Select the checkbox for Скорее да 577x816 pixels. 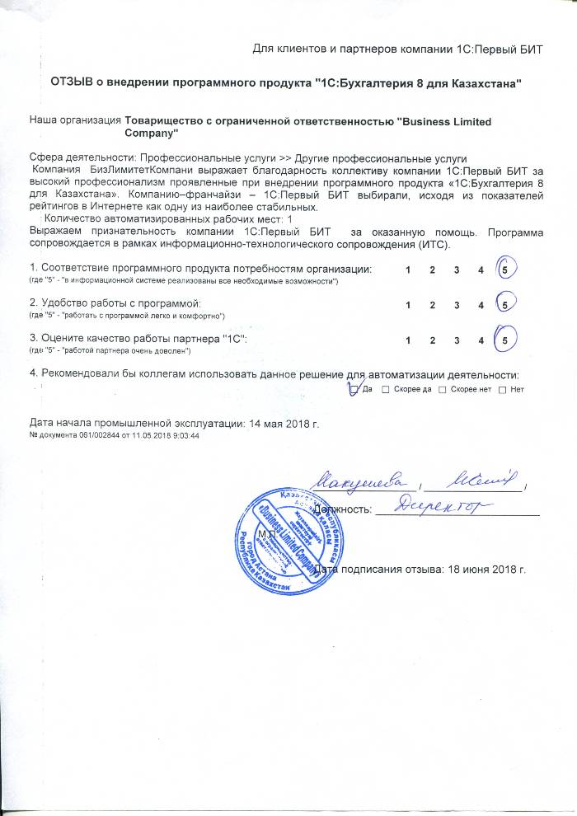click(x=386, y=389)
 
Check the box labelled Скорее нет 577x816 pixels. click(x=443, y=389)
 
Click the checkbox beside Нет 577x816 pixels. click(x=502, y=389)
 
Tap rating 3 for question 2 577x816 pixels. click(x=456, y=305)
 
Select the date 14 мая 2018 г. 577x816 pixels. click(x=283, y=423)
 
